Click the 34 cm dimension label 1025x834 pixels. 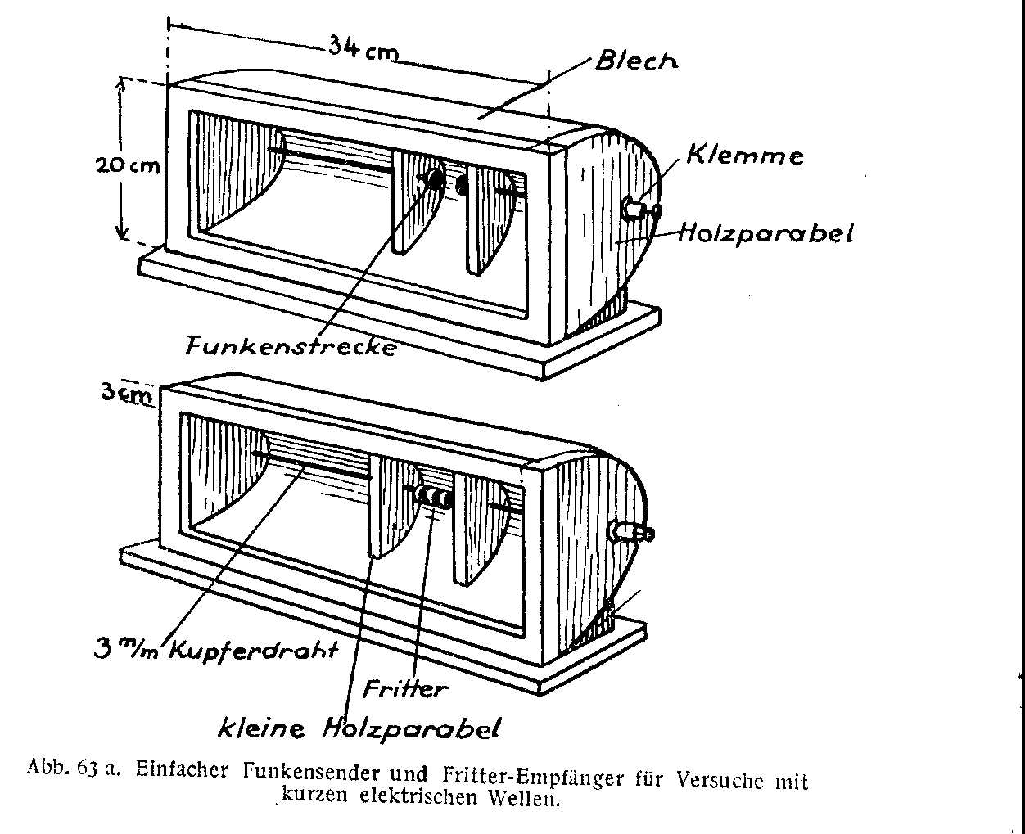coord(363,47)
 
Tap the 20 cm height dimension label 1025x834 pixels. coord(126,165)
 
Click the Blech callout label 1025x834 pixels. coord(636,61)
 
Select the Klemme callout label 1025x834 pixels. coord(744,155)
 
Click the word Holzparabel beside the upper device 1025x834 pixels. coord(765,233)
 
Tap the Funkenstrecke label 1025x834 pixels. coord(291,346)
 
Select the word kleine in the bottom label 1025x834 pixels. coord(260,726)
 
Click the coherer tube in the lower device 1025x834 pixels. coord(433,497)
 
